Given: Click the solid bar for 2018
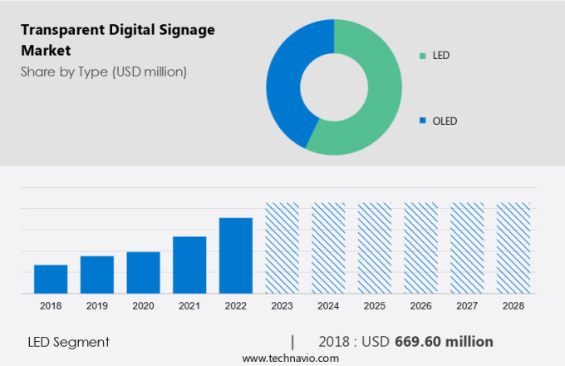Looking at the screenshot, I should [x=51, y=279].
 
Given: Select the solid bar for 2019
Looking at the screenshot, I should [x=97, y=274].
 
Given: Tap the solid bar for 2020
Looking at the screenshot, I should [x=143, y=272].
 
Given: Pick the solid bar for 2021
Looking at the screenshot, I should [x=189, y=265].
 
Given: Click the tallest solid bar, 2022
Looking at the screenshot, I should [x=236, y=255].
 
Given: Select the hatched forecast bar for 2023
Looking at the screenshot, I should [x=282, y=248].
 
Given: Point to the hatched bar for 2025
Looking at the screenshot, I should [x=375, y=248].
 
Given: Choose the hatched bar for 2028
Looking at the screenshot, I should [x=513, y=248].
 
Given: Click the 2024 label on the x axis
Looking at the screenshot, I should [x=328, y=306].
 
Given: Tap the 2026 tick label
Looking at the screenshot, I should [x=420, y=306].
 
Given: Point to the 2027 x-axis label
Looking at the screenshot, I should [x=467, y=306].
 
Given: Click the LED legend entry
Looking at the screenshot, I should [x=440, y=56].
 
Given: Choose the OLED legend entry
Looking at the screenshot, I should [x=445, y=121].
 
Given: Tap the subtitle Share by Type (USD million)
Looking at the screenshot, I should [x=104, y=72].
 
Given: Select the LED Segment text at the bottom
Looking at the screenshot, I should [x=68, y=342].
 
